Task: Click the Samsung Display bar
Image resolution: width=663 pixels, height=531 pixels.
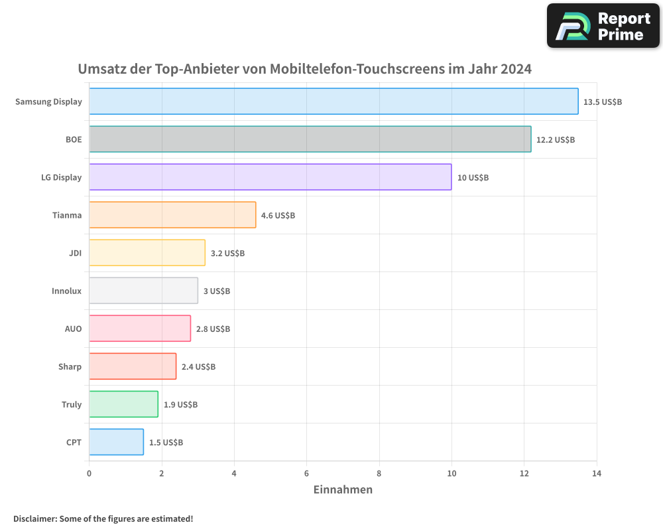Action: (333, 102)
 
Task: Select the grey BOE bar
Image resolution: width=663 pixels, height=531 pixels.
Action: (310, 139)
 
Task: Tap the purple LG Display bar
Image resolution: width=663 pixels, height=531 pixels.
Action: (270, 177)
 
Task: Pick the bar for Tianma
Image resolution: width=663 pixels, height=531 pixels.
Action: (172, 215)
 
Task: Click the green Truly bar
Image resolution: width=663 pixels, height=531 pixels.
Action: (123, 404)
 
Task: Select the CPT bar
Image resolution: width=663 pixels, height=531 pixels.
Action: (116, 442)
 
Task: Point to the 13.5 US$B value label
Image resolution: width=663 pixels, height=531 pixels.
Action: (603, 102)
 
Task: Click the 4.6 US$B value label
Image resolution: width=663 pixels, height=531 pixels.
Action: (278, 216)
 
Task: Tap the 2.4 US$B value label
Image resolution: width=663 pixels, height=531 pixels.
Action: (198, 367)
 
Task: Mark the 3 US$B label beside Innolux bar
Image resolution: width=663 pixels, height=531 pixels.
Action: (217, 291)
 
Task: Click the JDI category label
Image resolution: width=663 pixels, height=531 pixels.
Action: (75, 253)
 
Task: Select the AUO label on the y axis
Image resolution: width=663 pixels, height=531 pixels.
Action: (73, 329)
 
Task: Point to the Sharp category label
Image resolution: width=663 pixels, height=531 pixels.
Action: (70, 366)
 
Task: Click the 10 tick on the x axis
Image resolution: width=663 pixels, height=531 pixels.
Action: (452, 473)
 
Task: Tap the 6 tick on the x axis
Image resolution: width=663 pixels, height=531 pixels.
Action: (306, 473)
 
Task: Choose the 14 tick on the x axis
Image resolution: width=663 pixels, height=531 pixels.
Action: (596, 473)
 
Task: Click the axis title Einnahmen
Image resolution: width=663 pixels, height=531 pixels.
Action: (343, 490)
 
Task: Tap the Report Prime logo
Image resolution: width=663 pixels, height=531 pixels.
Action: (603, 26)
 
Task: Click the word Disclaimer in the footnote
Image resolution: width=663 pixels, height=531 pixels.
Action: (34, 518)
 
